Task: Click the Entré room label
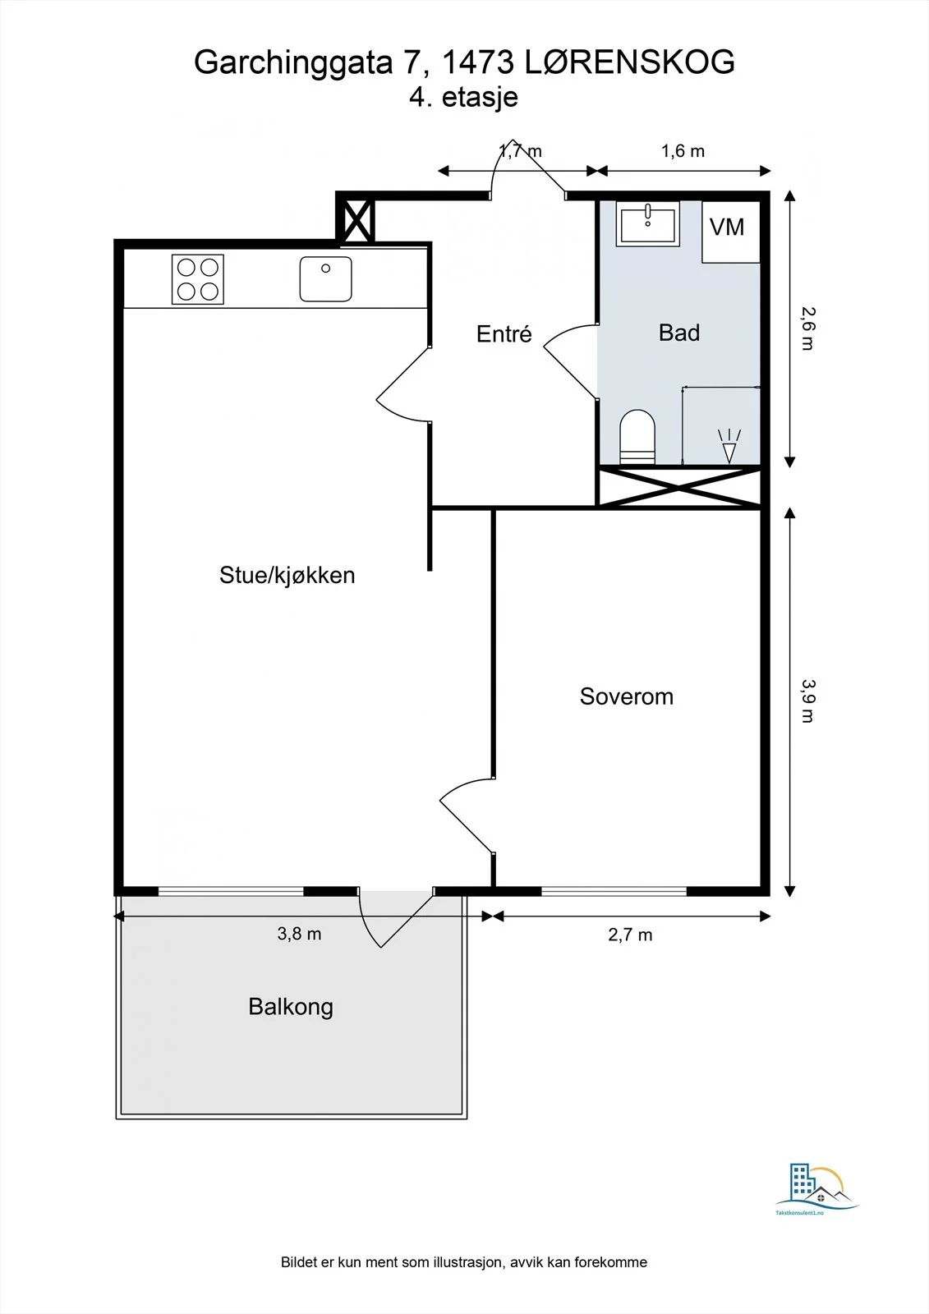(504, 333)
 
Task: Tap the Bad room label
(679, 333)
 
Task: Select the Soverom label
(626, 696)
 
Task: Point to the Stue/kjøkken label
(287, 575)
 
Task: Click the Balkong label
(291, 1007)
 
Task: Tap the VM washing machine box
(731, 232)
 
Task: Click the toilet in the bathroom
(637, 437)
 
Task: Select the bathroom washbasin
(648, 223)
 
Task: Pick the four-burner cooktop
(198, 279)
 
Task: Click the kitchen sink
(326, 278)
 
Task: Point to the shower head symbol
(729, 447)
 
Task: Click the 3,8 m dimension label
(299, 934)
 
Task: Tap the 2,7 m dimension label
(630, 935)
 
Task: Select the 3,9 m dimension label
(808, 701)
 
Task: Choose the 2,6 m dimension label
(808, 328)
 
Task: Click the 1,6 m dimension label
(683, 151)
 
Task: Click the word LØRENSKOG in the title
(628, 62)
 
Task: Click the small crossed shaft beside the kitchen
(356, 219)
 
